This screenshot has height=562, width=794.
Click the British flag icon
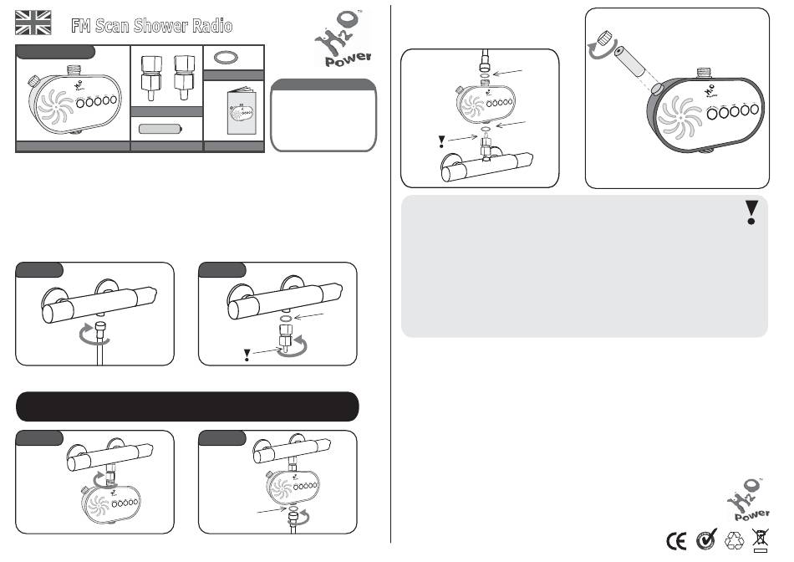tap(33, 23)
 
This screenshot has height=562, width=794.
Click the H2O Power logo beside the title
tap(343, 38)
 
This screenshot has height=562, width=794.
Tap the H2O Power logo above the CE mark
tap(748, 499)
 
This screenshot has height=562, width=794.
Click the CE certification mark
tap(676, 541)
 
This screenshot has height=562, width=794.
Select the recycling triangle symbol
tap(735, 540)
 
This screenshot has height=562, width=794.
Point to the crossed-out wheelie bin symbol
tap(760, 540)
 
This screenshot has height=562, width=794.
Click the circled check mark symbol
tap(706, 539)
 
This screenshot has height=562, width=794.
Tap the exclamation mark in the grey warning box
tap(751, 212)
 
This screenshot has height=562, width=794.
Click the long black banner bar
tap(187, 406)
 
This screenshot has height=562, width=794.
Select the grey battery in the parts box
tap(160, 129)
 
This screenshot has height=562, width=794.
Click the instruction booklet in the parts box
tap(242, 111)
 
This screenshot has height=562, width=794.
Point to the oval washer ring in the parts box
tap(226, 58)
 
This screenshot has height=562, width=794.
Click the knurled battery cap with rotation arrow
tap(604, 38)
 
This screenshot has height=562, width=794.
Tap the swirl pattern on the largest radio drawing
tap(680, 118)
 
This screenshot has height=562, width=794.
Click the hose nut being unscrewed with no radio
tap(101, 326)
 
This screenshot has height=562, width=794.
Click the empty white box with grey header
tap(323, 115)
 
